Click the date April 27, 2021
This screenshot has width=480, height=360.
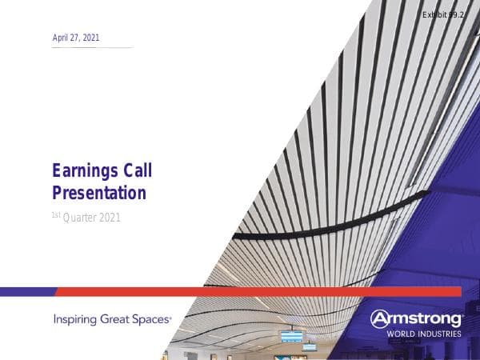pyautogui.click(x=76, y=38)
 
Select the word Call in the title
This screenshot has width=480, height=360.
pyautogui.click(x=137, y=170)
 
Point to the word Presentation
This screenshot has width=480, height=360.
pyautogui.click(x=99, y=193)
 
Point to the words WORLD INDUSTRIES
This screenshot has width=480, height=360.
pyautogui.click(x=424, y=334)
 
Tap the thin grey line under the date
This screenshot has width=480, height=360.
pyautogui.click(x=92, y=47)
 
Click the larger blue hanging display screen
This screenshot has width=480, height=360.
pyautogui.click(x=291, y=337)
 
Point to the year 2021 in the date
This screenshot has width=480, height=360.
pyautogui.click(x=90, y=38)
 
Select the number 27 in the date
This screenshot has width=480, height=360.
pyautogui.click(x=72, y=38)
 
